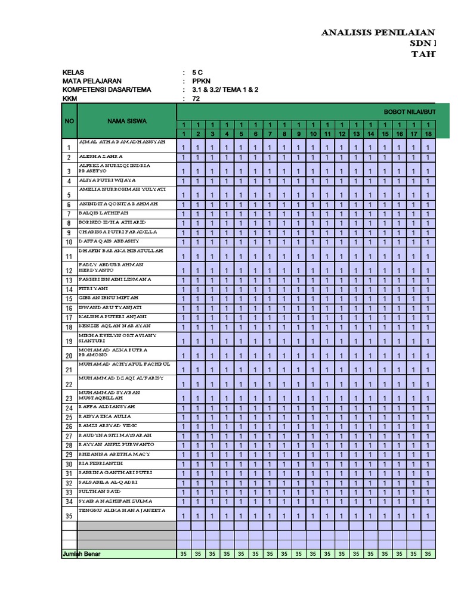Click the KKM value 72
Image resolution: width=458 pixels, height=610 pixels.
pyautogui.click(x=196, y=99)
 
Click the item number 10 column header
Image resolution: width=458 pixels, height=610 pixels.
pyautogui.click(x=312, y=134)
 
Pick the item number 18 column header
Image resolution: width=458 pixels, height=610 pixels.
pyautogui.click(x=428, y=134)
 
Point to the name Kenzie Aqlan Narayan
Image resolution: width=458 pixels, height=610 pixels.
pyautogui.click(x=114, y=326)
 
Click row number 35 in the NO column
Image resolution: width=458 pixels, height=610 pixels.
pyautogui.click(x=69, y=516)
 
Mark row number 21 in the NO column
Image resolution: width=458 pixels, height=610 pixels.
pyautogui.click(x=69, y=370)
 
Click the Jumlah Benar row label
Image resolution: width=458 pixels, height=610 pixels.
pyautogui.click(x=82, y=554)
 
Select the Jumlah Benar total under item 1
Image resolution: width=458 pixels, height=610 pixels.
pyautogui.click(x=184, y=554)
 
